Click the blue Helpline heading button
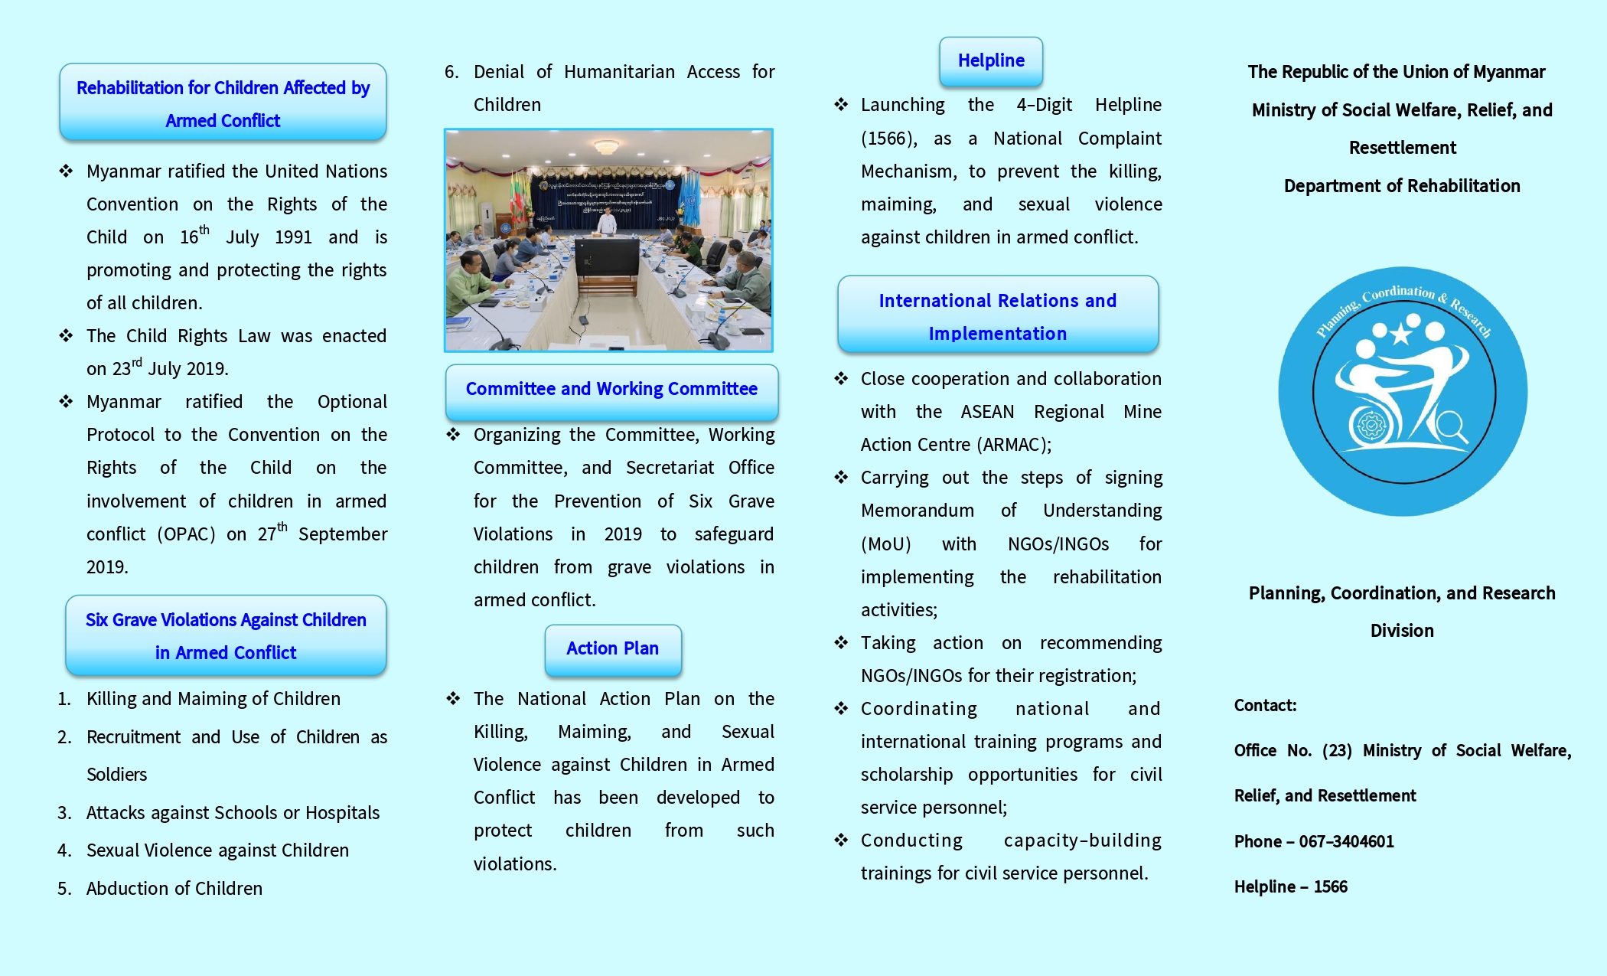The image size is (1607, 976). point(991,60)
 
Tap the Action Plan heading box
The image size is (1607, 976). point(612,648)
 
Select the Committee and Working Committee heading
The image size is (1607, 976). point(611,389)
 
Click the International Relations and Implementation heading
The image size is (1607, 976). point(997,316)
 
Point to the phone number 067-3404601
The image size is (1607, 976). point(1346,841)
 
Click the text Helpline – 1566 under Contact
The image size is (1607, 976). point(1290,886)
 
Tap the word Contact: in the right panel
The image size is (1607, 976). point(1265,705)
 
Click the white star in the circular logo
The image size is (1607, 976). point(1401,334)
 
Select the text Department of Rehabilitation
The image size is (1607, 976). point(1401,185)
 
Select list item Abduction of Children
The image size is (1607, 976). point(174,888)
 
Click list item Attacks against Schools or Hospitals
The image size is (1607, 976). point(233,812)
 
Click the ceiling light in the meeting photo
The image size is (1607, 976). point(607,145)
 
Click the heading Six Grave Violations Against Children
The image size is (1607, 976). point(226,620)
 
